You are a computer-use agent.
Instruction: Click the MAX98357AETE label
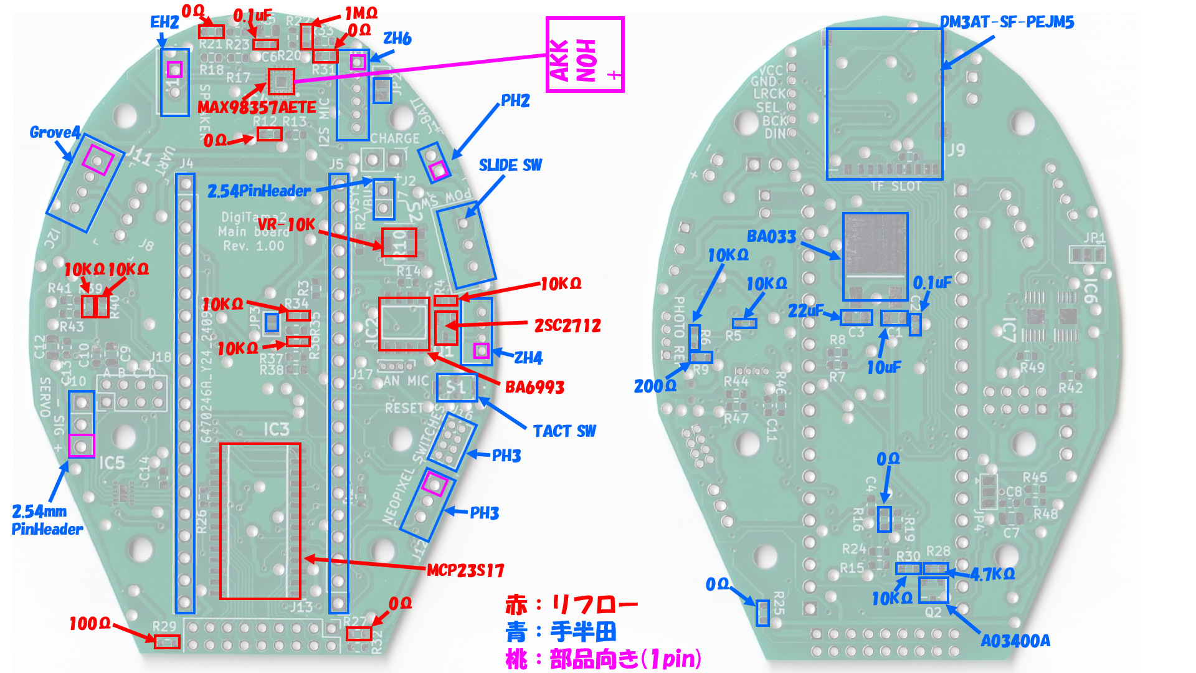click(x=257, y=107)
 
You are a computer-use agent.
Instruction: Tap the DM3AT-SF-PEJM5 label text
click(x=1007, y=22)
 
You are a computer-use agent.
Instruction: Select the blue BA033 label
click(x=771, y=237)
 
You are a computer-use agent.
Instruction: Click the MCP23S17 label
click(x=465, y=571)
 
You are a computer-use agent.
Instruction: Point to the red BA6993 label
click(x=534, y=388)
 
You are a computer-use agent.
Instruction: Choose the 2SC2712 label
click(x=567, y=326)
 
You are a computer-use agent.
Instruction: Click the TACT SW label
click(x=564, y=431)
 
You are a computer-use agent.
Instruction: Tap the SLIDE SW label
click(x=510, y=165)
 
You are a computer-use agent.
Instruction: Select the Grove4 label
click(x=55, y=133)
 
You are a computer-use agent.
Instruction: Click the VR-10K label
click(x=286, y=224)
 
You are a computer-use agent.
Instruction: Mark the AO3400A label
click(x=1015, y=641)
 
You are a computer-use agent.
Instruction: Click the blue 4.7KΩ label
click(x=992, y=574)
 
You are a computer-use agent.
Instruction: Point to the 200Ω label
click(x=655, y=386)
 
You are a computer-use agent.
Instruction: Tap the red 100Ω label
click(x=90, y=624)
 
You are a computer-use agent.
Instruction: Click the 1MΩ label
click(x=361, y=13)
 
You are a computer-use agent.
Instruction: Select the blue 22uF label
click(x=805, y=311)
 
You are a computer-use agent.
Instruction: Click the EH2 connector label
click(x=164, y=22)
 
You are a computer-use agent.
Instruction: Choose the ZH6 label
click(x=397, y=39)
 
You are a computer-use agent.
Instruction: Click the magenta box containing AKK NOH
click(x=585, y=55)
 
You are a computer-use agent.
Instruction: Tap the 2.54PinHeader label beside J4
click(x=259, y=191)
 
